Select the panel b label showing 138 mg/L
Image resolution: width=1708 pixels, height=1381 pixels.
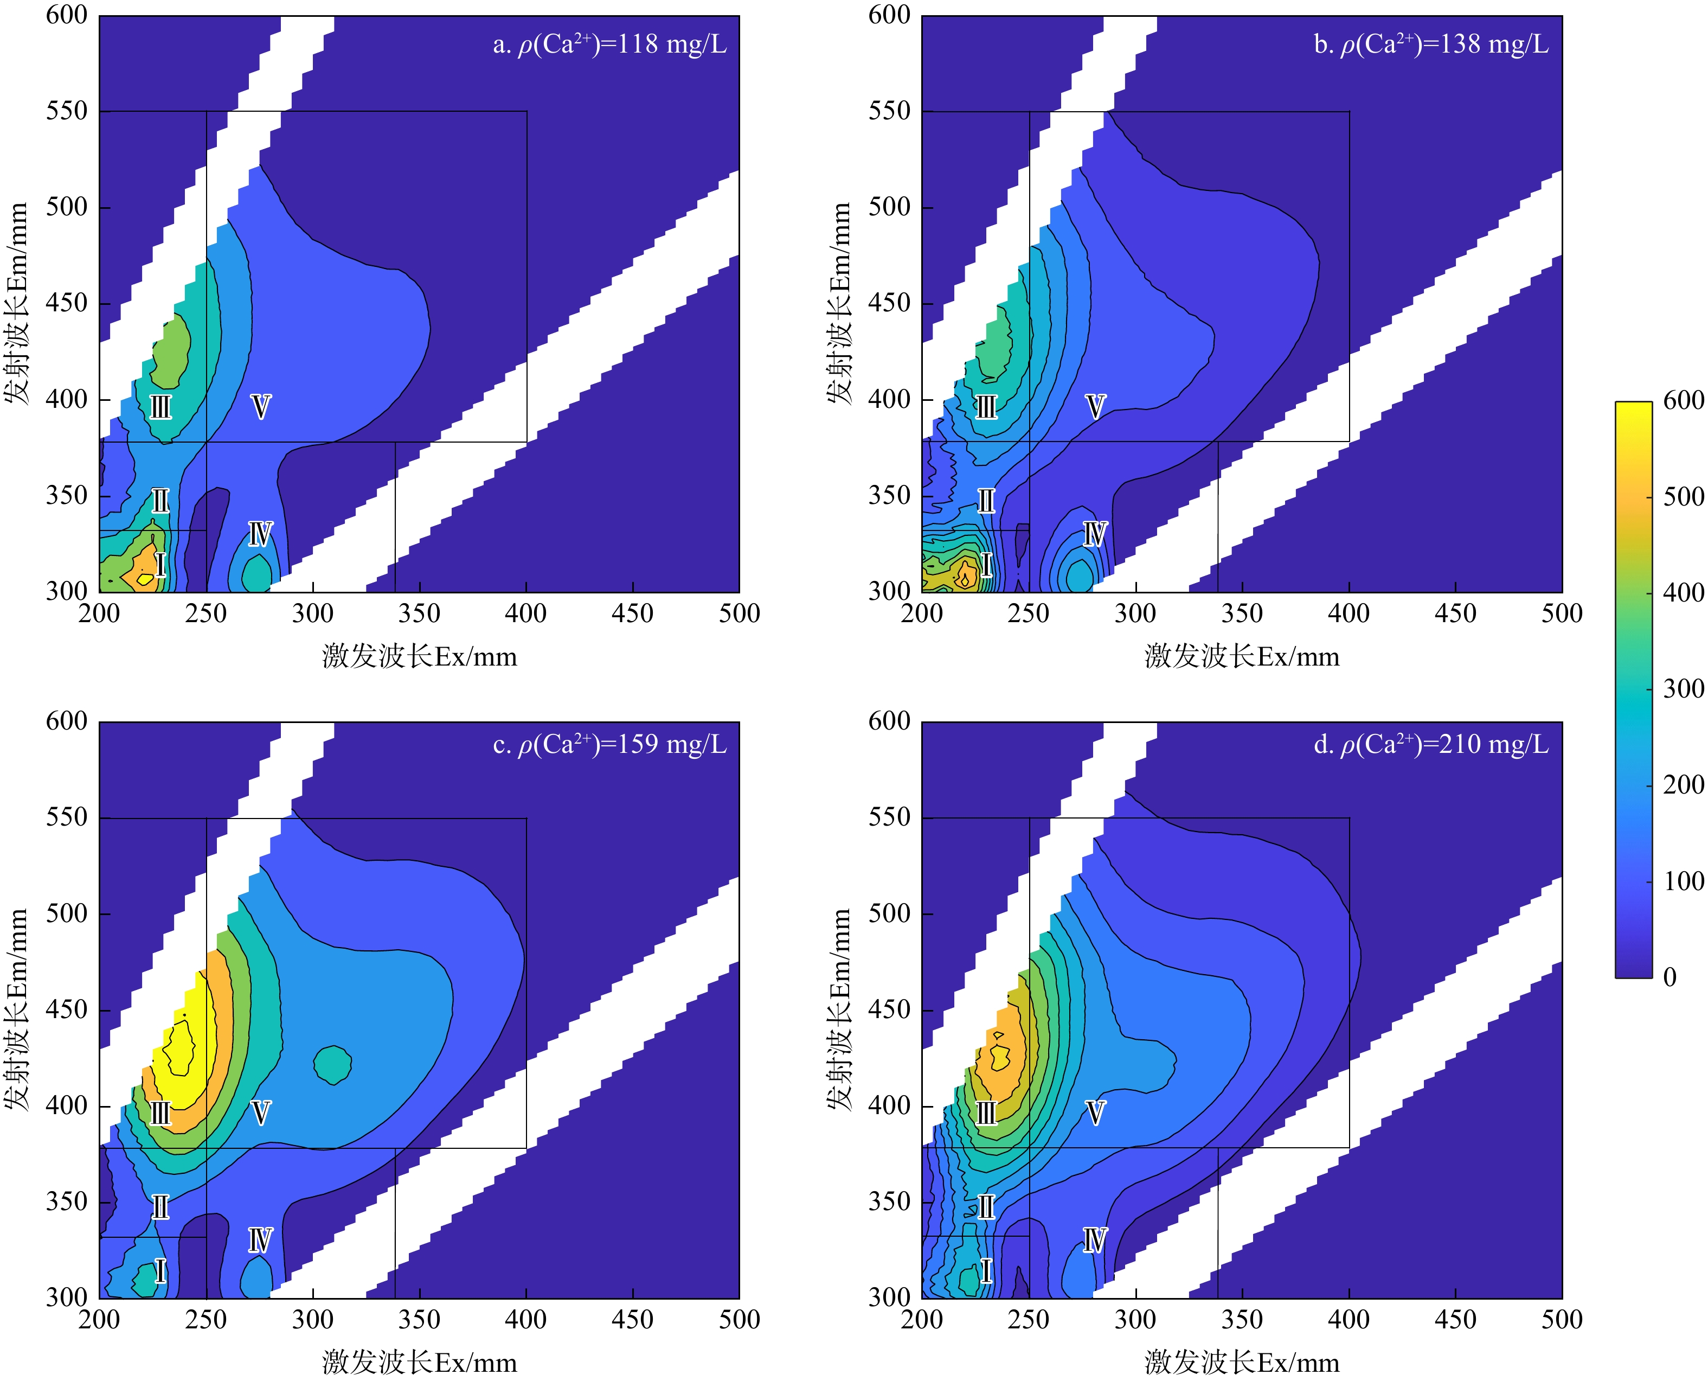[1431, 44]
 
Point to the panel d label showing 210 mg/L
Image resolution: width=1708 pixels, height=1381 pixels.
[1431, 745]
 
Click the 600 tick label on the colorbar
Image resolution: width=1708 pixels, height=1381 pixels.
[1684, 400]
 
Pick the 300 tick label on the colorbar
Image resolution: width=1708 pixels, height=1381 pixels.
[1684, 689]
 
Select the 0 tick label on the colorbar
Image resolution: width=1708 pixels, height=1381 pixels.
[1670, 977]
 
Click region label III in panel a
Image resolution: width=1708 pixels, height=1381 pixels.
[160, 407]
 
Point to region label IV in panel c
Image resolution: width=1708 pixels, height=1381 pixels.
[260, 1240]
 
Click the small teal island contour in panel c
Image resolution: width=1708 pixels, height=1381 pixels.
[332, 1064]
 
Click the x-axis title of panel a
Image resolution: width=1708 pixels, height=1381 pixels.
[419, 657]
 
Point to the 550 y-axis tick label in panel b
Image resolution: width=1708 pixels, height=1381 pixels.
[889, 111]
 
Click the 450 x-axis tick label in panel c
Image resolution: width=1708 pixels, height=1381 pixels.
[632, 1320]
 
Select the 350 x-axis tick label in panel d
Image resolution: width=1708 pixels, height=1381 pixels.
[1242, 1320]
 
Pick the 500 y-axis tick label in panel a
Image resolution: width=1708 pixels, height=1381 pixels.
[67, 207]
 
